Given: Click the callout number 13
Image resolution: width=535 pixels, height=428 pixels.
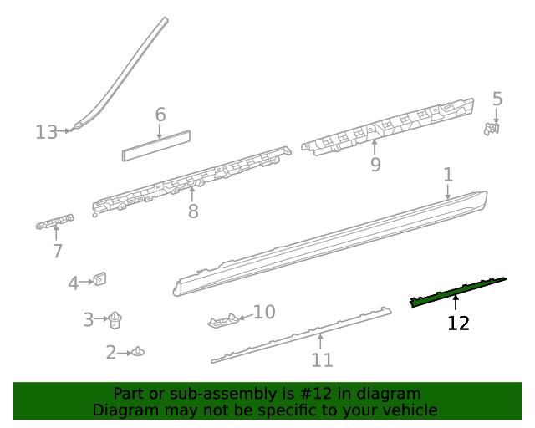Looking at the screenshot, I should [47, 132].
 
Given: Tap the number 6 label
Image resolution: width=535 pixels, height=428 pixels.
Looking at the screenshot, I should [160, 115].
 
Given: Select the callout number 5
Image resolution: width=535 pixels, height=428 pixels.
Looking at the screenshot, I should [497, 99].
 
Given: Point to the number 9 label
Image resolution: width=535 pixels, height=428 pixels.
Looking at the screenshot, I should [375, 165].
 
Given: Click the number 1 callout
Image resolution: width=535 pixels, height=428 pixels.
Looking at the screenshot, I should [448, 175].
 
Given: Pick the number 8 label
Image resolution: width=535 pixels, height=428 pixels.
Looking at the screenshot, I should [193, 211].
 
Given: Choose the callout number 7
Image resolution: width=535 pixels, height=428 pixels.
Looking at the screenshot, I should [57, 251].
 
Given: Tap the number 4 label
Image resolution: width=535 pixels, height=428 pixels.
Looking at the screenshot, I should [74, 283].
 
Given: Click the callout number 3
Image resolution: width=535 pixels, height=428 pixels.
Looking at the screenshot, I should [89, 319].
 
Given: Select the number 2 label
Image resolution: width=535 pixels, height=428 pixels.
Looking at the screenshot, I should [111, 353].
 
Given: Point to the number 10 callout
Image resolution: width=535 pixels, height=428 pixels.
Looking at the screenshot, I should [264, 313].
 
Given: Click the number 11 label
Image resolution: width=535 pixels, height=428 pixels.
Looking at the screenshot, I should [322, 360].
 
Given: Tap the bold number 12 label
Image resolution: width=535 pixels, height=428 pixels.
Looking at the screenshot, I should [458, 323].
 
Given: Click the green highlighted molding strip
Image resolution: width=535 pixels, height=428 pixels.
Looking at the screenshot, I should [458, 290].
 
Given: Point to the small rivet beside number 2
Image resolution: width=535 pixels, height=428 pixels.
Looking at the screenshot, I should [138, 352].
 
